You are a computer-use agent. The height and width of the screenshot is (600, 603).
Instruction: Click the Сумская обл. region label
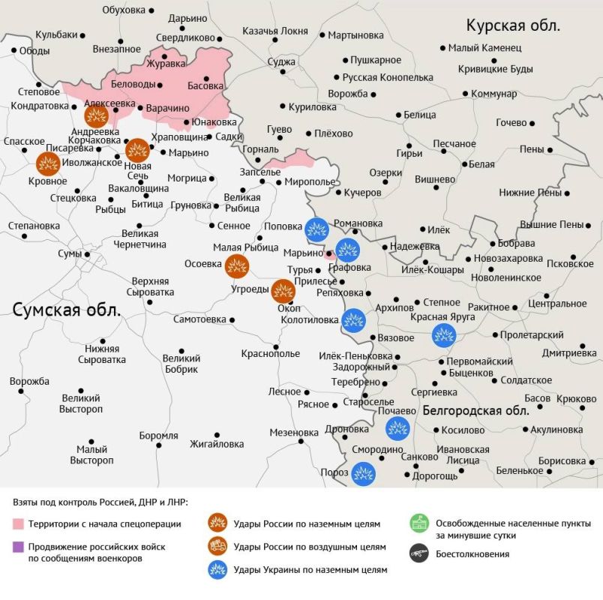67,310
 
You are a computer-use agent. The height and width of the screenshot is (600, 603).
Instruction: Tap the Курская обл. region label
513,25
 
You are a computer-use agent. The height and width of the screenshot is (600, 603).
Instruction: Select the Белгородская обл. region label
475,410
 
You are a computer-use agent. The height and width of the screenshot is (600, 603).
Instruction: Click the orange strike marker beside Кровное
48,164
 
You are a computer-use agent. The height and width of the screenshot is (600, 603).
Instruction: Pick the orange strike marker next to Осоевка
237,265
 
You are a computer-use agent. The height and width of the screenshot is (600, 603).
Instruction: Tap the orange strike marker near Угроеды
283,290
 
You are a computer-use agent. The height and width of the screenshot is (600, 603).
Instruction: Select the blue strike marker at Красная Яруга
444,335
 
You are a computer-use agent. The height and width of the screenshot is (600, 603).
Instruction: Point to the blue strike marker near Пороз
363,473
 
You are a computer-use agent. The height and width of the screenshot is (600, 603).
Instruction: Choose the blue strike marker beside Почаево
397,429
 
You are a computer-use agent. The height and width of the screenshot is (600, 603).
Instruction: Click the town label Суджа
281,61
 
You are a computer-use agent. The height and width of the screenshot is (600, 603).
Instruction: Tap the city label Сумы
70,253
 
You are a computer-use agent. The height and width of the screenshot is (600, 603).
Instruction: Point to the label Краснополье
270,353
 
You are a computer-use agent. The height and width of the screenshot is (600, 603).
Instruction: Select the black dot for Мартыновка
322,35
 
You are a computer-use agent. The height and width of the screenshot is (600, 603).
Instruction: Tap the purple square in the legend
18,546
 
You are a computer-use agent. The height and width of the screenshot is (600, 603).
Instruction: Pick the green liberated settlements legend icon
418,523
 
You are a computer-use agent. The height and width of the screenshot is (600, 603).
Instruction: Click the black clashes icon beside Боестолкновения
418,554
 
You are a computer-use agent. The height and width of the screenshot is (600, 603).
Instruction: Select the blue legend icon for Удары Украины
217,569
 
